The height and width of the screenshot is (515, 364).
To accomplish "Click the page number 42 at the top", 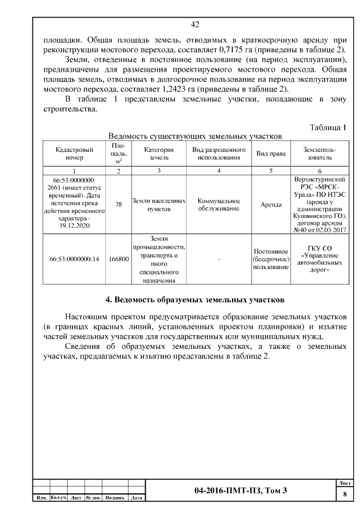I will pos(195,25).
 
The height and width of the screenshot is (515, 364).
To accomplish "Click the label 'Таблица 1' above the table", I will pos(328,127).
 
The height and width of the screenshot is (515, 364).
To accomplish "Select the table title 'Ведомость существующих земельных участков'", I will pos(195,137).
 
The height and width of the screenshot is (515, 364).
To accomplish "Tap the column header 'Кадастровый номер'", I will pos(75,154).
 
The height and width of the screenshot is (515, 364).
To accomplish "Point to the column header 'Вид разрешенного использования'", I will pos(219,154).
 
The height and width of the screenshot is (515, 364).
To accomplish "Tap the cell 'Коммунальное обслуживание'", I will pos(219,205).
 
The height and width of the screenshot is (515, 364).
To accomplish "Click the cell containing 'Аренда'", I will pos(271,205).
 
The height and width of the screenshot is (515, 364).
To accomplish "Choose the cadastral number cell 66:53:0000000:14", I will pos(75,259).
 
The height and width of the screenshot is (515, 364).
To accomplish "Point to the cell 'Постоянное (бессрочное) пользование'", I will pos(271,259).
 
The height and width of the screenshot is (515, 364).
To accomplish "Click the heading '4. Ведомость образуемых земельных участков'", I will pos(195,299).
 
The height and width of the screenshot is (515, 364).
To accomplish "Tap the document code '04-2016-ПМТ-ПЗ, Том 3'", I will pos(241,491).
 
